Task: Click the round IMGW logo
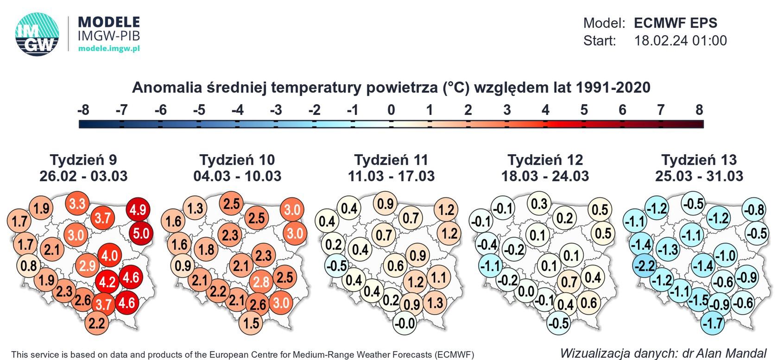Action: click(x=37, y=34)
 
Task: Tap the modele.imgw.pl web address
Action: click(x=109, y=48)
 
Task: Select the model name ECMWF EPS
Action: click(x=675, y=23)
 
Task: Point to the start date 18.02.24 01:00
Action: click(x=680, y=41)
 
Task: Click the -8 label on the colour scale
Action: click(x=83, y=110)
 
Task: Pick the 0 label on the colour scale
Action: click(x=391, y=110)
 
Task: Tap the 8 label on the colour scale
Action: click(x=699, y=110)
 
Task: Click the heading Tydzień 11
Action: click(x=391, y=160)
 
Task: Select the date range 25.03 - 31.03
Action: click(x=699, y=176)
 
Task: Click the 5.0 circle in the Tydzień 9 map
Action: click(x=141, y=233)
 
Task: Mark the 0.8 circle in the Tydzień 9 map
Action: click(x=29, y=266)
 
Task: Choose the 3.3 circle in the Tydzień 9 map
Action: click(x=77, y=203)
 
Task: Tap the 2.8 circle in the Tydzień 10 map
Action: click(x=261, y=282)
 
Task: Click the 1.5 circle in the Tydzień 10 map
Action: click(x=251, y=322)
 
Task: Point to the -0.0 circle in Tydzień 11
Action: click(x=404, y=322)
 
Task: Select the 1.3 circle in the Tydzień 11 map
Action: click(x=435, y=303)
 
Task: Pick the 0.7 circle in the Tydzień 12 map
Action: click(x=569, y=282)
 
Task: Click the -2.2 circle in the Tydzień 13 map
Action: click(x=644, y=266)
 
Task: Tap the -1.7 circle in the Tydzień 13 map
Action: click(x=713, y=322)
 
